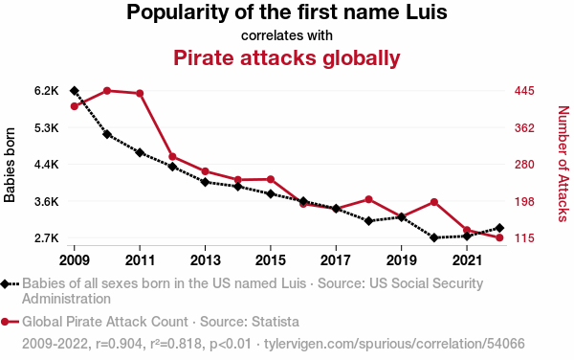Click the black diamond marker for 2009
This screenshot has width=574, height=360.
pos(75,91)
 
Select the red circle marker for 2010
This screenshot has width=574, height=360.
pos(107,91)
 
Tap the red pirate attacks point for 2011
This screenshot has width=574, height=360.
pos(140,94)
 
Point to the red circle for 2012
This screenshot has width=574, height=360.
pos(172,157)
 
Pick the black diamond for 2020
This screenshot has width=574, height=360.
pos(434,237)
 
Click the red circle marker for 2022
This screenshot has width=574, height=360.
pos(499,237)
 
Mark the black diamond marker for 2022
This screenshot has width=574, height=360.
pos(499,228)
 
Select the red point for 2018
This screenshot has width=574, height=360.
pos(368,199)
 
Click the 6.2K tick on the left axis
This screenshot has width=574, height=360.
pos(47,91)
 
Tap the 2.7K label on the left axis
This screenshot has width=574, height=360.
pos(47,238)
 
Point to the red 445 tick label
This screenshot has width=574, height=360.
pos(524,91)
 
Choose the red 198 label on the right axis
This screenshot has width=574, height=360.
pos(524,201)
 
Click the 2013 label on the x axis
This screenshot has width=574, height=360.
pos(205,260)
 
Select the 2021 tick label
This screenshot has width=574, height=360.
pos(467,260)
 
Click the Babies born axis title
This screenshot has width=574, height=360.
pos(10,165)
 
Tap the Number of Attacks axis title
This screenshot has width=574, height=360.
pos(563,164)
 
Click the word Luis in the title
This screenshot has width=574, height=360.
pos(427,12)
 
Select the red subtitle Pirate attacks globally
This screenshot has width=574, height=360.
pos(287,58)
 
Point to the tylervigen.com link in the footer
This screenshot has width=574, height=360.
pos(394,344)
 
